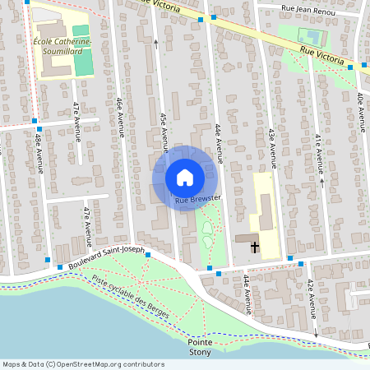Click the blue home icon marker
(184, 178)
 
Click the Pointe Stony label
(199, 346)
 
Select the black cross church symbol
(255, 246)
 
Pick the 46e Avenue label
(120, 114)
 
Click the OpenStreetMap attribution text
(82, 364)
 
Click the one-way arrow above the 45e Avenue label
(156, 41)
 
